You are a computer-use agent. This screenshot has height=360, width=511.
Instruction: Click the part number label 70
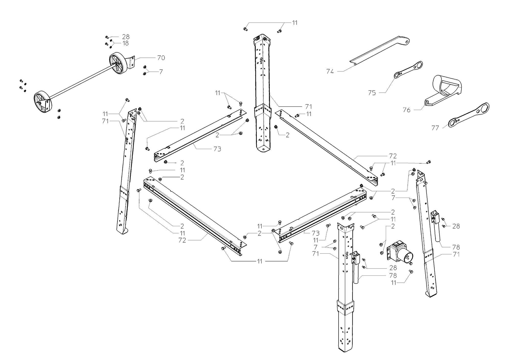pos(161,58)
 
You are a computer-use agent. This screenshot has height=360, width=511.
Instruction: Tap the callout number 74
pos(330,72)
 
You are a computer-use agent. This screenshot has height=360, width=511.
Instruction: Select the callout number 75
pos(372,93)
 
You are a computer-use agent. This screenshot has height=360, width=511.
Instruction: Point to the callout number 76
pos(407,110)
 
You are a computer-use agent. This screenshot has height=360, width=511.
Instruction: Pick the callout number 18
pos(125,43)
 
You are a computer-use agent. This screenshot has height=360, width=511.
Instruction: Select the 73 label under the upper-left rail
pos(217,149)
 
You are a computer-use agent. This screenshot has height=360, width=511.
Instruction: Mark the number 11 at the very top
pos(295,23)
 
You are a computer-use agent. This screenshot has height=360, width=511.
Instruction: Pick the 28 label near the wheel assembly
pos(126,37)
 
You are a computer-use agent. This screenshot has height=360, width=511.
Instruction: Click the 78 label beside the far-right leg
pos(456,247)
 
